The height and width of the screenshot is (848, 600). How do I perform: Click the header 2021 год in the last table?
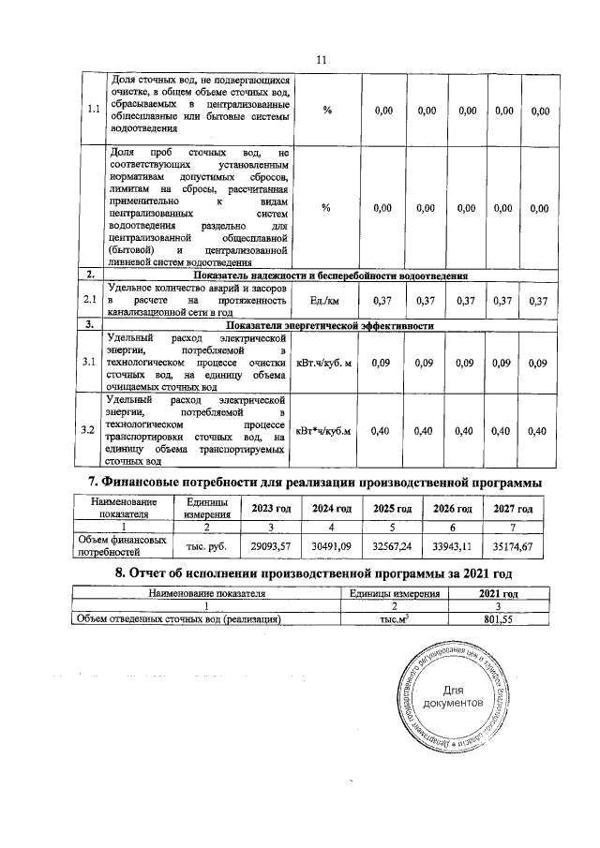pyautogui.click(x=498, y=593)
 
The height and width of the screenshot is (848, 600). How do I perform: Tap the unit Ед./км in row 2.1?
pyautogui.click(x=324, y=300)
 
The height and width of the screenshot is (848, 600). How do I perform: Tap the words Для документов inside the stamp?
pyautogui.click(x=453, y=696)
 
